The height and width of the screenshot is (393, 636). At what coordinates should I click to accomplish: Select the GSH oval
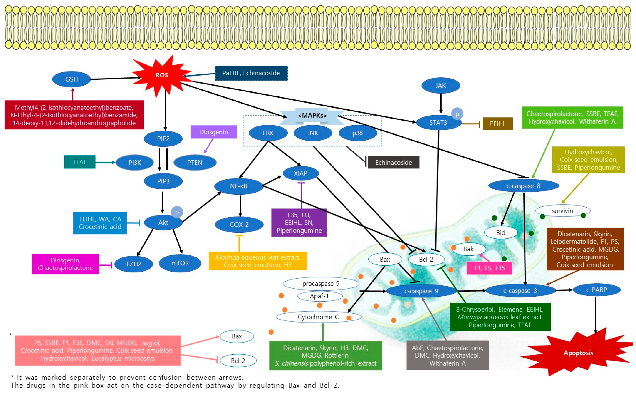(x=72, y=79)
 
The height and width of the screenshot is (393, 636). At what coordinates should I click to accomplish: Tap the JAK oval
(x=440, y=86)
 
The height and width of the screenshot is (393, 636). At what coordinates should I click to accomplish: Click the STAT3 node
(x=438, y=122)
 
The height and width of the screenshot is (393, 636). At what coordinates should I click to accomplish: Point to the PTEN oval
(x=195, y=162)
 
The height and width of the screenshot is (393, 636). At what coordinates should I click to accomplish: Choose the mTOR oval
(x=180, y=263)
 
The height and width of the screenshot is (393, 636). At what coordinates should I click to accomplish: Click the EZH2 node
(x=134, y=264)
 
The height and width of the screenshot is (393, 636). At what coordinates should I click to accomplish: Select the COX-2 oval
(x=239, y=224)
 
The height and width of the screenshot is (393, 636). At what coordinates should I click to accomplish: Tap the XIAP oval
(x=300, y=173)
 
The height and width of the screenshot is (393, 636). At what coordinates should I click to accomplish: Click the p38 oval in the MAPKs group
(x=357, y=133)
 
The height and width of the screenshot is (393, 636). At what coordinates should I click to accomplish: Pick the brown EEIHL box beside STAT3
(x=497, y=124)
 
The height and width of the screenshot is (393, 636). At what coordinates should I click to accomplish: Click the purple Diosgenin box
(x=214, y=132)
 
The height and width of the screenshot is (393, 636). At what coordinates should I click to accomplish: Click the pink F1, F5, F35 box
(x=489, y=268)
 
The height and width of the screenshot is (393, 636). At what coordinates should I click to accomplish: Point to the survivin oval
(x=562, y=211)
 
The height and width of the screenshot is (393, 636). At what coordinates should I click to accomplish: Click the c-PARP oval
(x=596, y=290)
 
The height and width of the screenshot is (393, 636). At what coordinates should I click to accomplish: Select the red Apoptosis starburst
(x=578, y=353)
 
